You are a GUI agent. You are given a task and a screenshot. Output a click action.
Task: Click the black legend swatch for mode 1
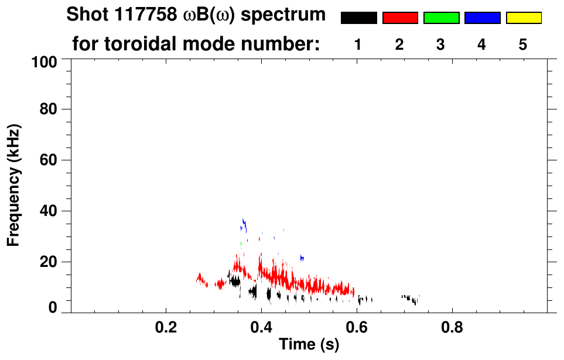[x=358, y=18]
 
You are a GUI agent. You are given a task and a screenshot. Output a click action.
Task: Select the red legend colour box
[x=400, y=18]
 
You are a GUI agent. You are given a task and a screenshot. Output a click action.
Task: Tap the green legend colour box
[x=441, y=18]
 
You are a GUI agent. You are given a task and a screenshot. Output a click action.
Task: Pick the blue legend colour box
[x=482, y=18]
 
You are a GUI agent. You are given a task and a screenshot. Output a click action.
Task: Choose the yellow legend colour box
[x=523, y=18]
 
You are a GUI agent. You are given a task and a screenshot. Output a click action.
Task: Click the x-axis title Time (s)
[x=308, y=345]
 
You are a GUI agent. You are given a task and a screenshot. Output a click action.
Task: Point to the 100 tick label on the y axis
[x=45, y=61]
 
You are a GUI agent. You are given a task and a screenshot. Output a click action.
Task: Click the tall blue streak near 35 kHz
[x=244, y=225]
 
